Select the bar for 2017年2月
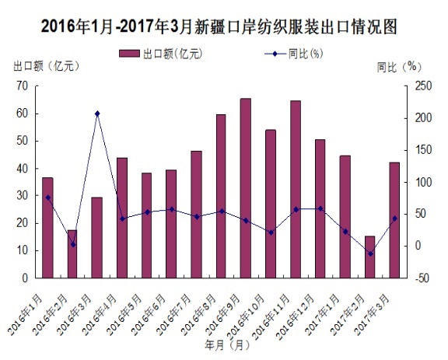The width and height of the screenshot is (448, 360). pyautogui.click(x=369, y=257)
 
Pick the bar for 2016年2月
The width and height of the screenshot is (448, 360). pyautogui.click(x=72, y=253)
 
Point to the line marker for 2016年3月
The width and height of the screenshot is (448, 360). pyautogui.click(x=97, y=114)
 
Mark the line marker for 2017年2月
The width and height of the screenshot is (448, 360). pyautogui.click(x=369, y=253)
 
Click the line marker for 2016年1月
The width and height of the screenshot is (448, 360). pyautogui.click(x=47, y=197)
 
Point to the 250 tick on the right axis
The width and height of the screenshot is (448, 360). pyautogui.click(x=422, y=86)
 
